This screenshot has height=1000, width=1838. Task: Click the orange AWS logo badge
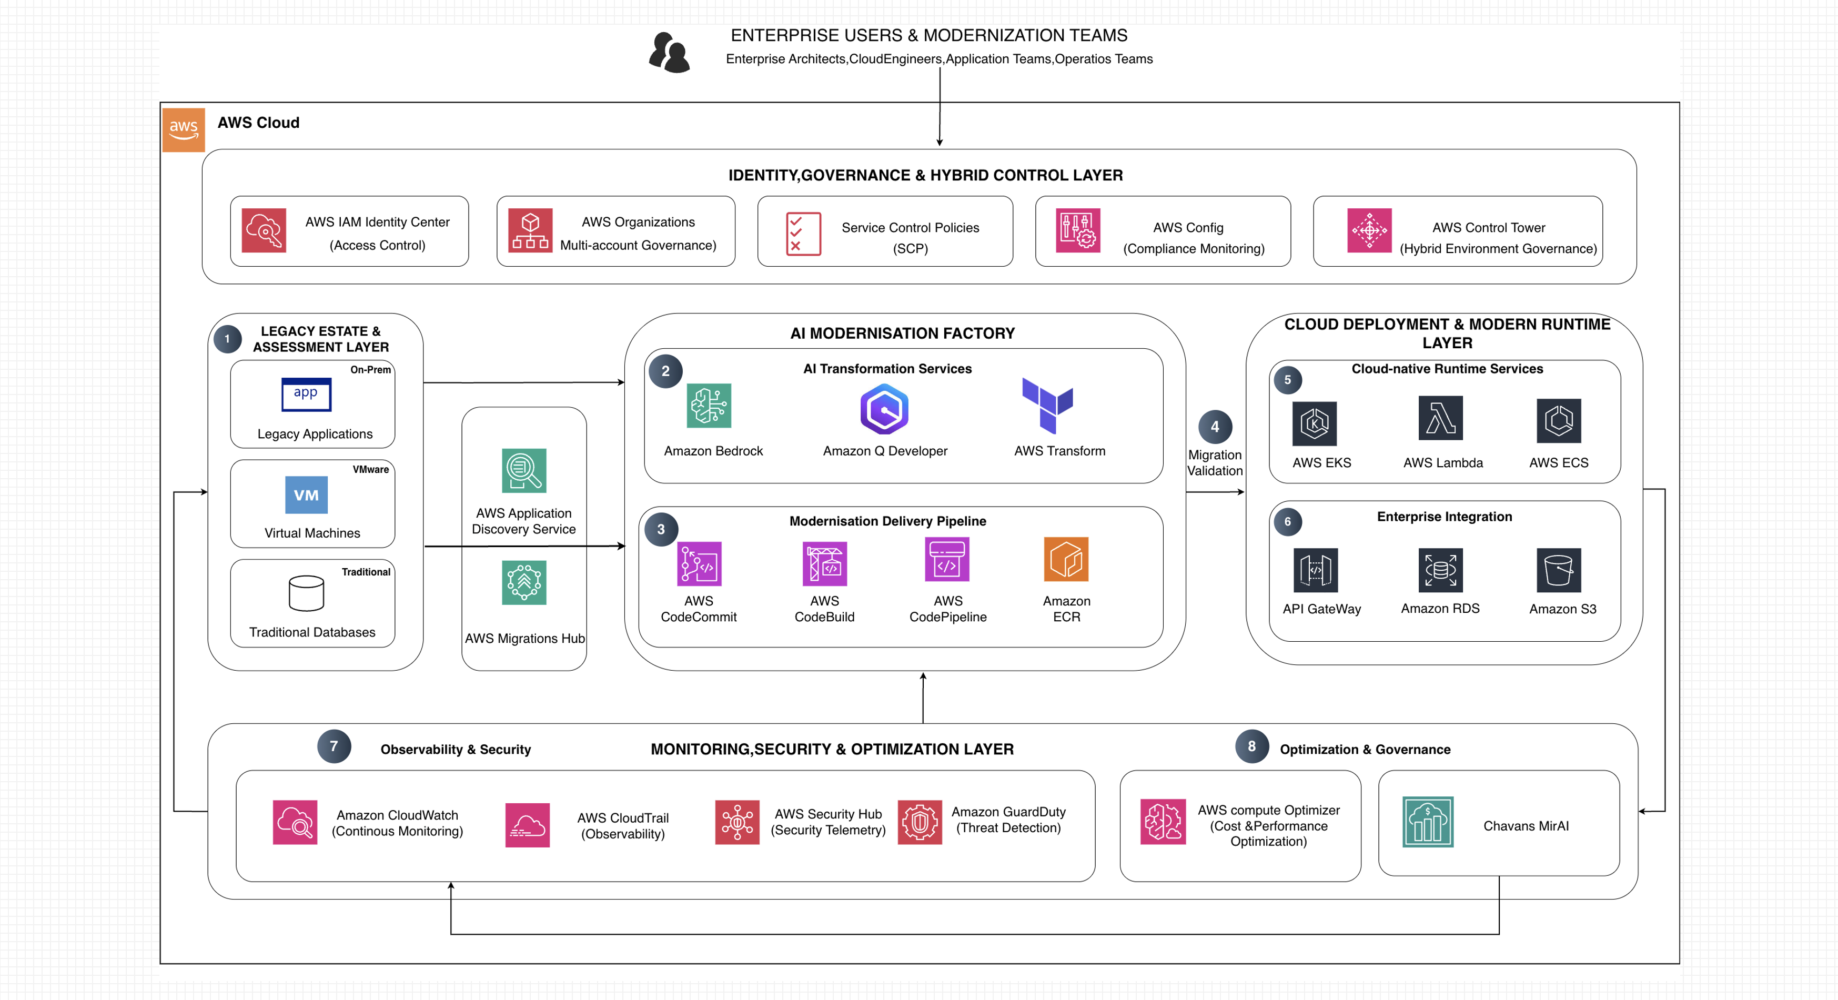click(184, 130)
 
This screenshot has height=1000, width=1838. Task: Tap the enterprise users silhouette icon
click(669, 53)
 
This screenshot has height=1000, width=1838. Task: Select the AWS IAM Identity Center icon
click(264, 230)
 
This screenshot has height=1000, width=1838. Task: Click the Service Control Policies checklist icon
click(803, 233)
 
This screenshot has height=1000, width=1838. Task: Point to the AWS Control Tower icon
click(1369, 230)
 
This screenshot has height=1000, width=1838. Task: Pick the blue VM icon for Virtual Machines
click(306, 495)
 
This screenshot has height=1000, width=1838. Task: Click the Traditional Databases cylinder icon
click(306, 593)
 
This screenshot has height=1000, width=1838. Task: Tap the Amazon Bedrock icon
click(709, 406)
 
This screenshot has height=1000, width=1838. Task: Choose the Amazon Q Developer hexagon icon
click(884, 409)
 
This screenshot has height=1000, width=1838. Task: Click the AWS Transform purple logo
click(1047, 405)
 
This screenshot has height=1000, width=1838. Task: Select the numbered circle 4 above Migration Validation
click(1215, 427)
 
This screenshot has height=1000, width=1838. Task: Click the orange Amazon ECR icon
click(1066, 559)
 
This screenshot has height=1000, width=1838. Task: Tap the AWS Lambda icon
click(1441, 418)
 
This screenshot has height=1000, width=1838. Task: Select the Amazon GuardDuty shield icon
click(920, 822)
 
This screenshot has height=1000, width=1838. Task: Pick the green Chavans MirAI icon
click(1428, 822)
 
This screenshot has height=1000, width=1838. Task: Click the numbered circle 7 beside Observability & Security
click(334, 746)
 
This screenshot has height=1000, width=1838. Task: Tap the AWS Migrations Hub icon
click(524, 583)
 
